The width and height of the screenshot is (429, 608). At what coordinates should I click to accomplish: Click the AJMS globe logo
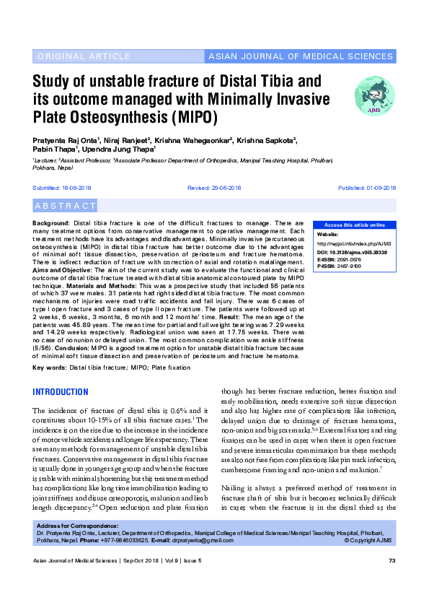(x=374, y=95)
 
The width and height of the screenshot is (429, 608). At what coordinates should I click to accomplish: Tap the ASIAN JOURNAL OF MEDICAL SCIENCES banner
(x=300, y=56)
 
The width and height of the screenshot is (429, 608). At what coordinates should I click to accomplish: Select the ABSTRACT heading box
(x=65, y=206)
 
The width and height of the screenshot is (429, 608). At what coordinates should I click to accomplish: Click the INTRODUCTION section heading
(x=61, y=392)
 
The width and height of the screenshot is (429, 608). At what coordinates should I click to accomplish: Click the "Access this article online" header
(x=355, y=225)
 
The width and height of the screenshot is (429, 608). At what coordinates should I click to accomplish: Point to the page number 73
(x=392, y=561)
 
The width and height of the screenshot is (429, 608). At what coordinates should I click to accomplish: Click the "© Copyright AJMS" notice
(x=369, y=540)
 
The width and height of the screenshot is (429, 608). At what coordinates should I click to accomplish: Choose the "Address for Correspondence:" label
(x=77, y=526)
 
